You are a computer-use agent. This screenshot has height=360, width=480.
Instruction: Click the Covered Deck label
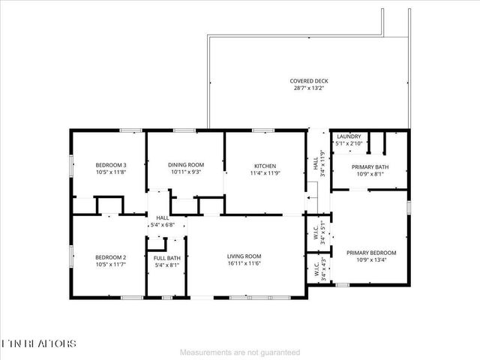coord(309,81)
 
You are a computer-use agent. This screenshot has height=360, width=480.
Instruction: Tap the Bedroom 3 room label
coord(110,165)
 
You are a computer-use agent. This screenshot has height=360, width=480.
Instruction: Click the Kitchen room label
coord(265,166)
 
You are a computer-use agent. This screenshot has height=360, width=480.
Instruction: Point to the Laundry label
coord(349,136)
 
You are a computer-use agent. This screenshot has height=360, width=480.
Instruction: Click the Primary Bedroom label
coord(371,253)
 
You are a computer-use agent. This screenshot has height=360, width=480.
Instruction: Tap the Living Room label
coord(244,256)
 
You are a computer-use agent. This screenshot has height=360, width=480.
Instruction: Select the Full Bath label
coord(168,257)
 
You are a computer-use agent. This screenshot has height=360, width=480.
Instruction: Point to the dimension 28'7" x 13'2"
coord(309,88)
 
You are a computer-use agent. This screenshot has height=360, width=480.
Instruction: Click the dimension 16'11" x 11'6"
coord(244,264)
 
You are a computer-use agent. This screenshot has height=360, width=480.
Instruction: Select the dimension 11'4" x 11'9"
coord(265,173)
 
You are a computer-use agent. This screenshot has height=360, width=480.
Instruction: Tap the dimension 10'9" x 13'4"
coord(371,260)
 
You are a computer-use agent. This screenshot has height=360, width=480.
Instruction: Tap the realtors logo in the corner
coord(38,343)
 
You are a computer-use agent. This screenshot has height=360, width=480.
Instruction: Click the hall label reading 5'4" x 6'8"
coord(163,224)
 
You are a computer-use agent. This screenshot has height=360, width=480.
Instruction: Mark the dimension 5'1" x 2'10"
coord(349,142)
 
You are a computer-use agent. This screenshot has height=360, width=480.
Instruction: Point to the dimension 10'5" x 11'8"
coord(110,172)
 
